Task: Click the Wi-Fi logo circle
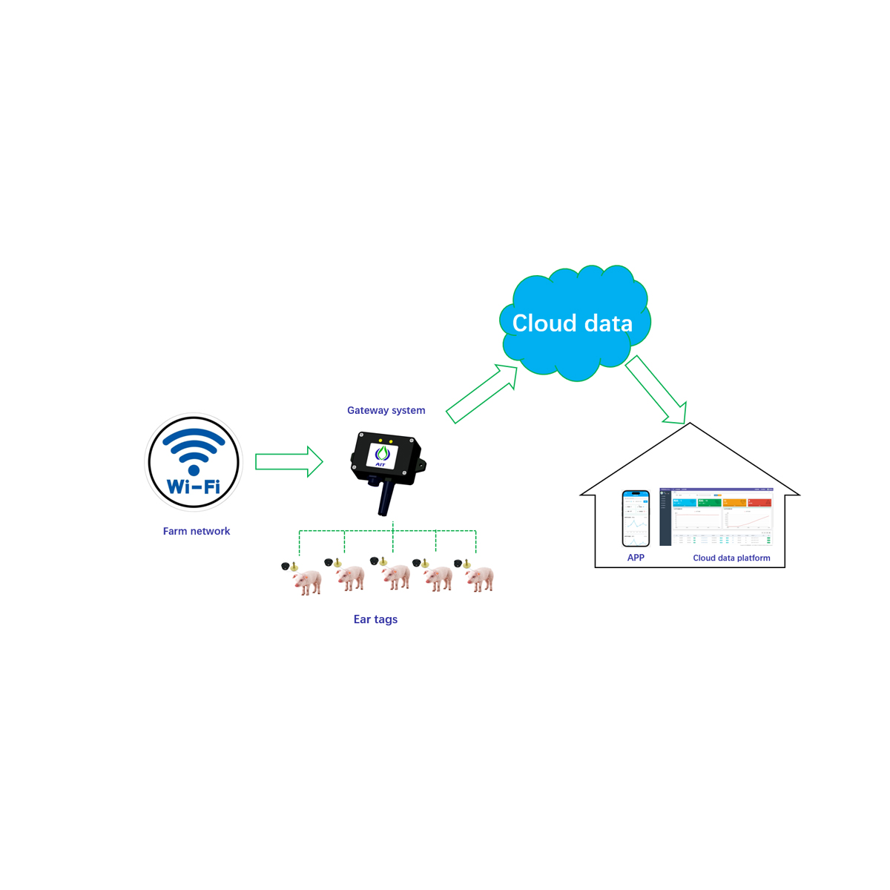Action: click(x=194, y=462)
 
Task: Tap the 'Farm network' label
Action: click(x=197, y=531)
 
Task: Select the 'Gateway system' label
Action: click(x=386, y=410)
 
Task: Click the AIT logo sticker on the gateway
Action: click(x=382, y=455)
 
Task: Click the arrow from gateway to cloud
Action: click(x=481, y=393)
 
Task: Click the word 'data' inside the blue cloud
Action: click(x=607, y=323)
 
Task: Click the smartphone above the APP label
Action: click(x=636, y=518)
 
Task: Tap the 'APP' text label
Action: click(x=636, y=558)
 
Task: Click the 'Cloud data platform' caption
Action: click(x=731, y=558)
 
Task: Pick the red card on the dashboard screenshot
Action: click(x=759, y=504)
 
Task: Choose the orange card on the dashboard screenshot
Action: click(x=734, y=504)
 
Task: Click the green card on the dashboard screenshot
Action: click(x=709, y=504)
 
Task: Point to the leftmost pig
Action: click(x=306, y=579)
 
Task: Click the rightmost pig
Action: click(x=480, y=577)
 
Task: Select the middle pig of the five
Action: click(x=395, y=576)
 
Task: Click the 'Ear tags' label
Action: click(x=375, y=619)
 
